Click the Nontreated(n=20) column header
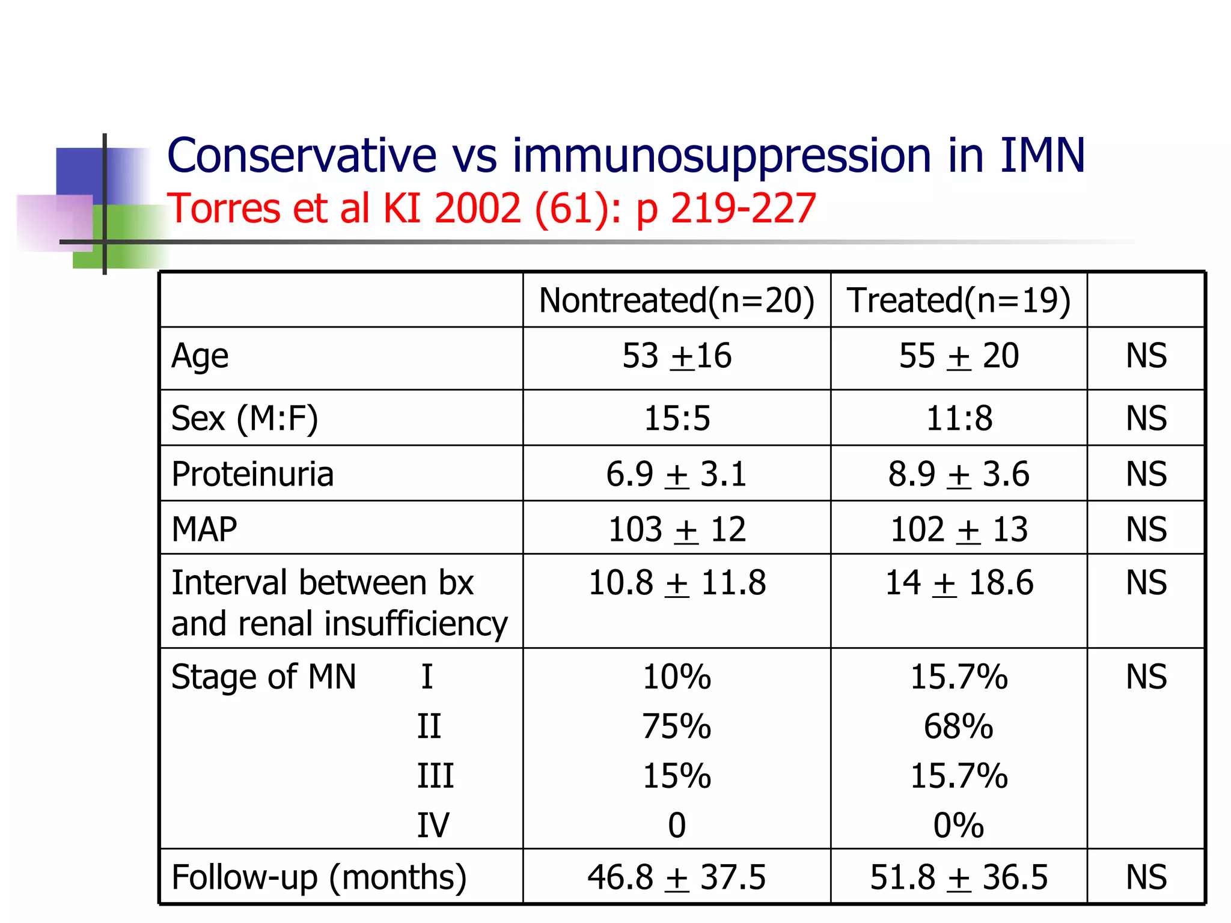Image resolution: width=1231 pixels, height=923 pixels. click(x=676, y=300)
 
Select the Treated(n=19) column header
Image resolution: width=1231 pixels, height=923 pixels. click(x=959, y=300)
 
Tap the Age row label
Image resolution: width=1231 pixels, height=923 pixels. click(x=200, y=356)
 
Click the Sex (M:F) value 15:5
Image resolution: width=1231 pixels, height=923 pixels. click(x=677, y=418)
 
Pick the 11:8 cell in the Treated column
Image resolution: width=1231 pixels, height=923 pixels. click(x=959, y=418)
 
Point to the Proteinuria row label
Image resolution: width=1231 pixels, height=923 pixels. click(x=252, y=474)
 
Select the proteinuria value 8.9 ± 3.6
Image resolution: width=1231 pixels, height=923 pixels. click(x=959, y=474)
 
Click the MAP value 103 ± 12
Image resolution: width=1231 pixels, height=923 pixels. click(x=677, y=529)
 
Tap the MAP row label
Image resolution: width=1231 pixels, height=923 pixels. click(x=204, y=529)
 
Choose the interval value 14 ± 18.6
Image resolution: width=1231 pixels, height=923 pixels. click(x=959, y=583)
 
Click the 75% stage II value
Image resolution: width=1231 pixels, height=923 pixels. click(x=677, y=726)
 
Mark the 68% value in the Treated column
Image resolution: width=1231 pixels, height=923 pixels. click(x=959, y=726)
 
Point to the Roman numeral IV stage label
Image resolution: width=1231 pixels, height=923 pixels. click(x=433, y=825)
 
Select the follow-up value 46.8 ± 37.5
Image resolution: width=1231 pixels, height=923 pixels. click(x=677, y=877)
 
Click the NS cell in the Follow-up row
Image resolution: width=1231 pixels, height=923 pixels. click(x=1146, y=877)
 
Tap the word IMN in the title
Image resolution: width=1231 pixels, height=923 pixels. click(x=1042, y=156)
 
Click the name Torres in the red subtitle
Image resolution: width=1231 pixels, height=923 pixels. click(x=224, y=209)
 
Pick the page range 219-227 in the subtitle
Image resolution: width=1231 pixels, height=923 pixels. click(x=743, y=209)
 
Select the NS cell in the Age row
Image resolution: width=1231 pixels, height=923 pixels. click(x=1146, y=356)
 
